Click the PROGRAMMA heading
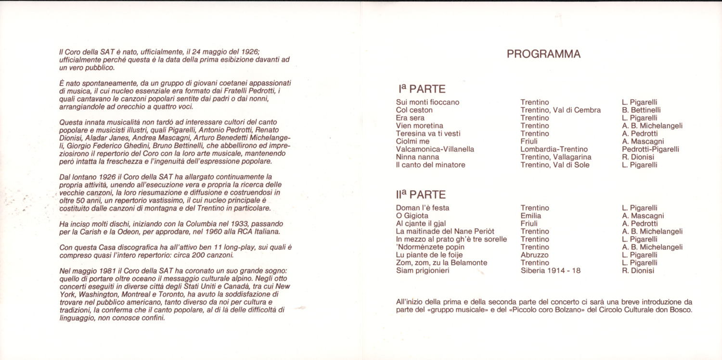[x=543, y=54]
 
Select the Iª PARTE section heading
[x=422, y=89]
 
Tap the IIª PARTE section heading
[x=422, y=195]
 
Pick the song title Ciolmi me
[x=413, y=141]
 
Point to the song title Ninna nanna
[x=417, y=157]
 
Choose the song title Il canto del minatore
[x=430, y=165]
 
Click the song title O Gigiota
[x=412, y=216]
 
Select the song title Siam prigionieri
[x=423, y=270]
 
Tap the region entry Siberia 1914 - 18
[x=551, y=270]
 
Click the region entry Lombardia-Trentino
[x=554, y=149]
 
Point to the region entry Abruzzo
[x=534, y=255]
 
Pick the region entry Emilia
[x=530, y=216]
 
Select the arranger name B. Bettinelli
[x=641, y=110]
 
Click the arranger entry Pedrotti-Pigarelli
[x=650, y=149]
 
